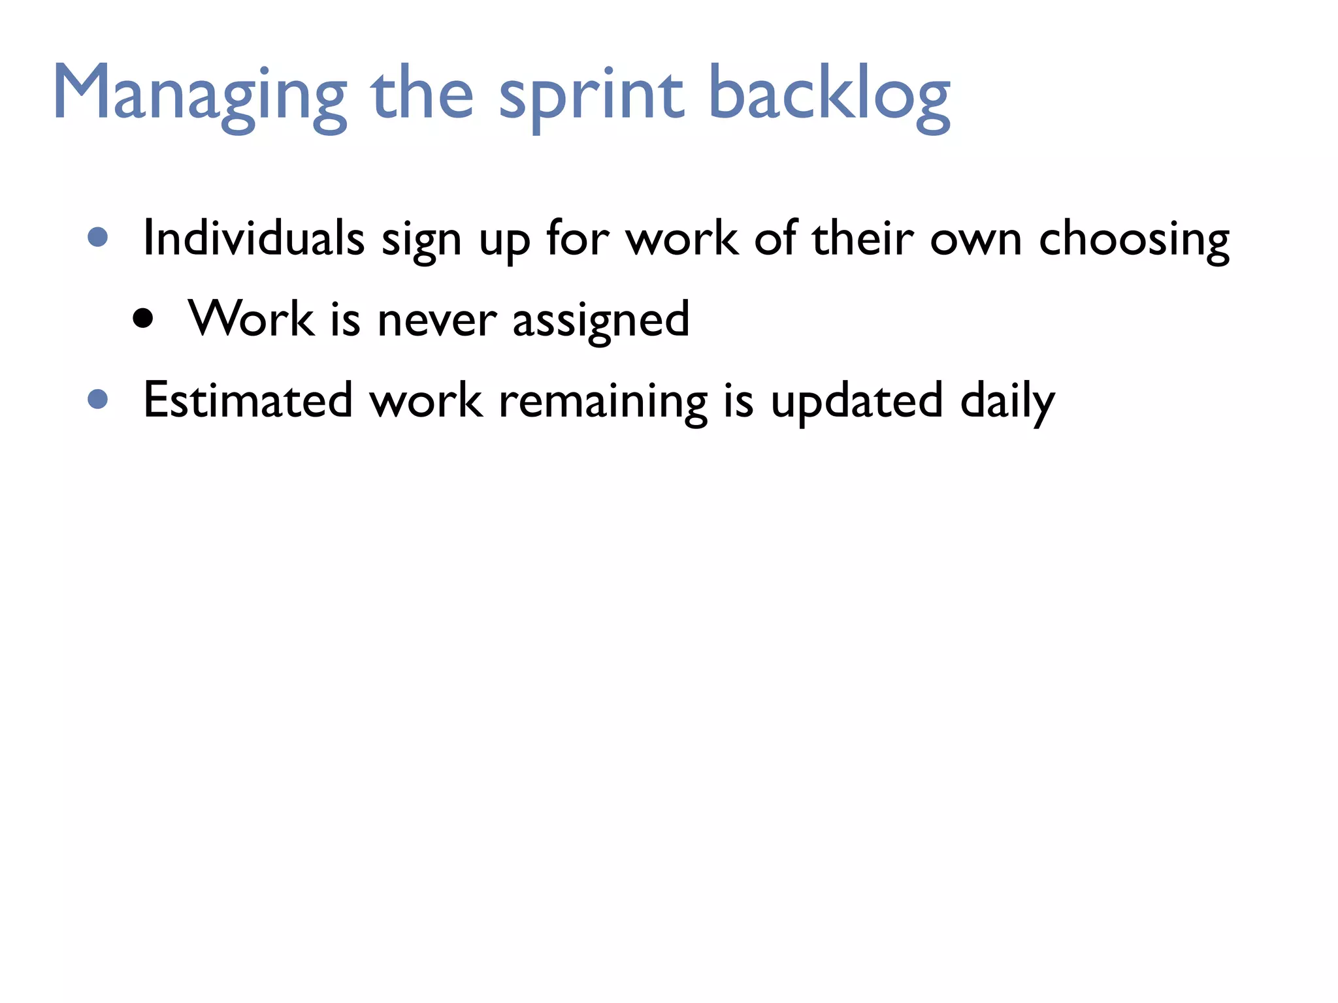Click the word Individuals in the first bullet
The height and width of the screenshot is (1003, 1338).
click(x=253, y=238)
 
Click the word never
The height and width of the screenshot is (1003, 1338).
click(x=437, y=320)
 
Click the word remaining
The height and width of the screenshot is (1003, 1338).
click(x=602, y=401)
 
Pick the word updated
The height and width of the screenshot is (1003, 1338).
click(x=857, y=401)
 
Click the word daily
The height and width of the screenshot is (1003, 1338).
click(x=1007, y=401)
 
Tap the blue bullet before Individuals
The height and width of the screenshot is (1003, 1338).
click(x=97, y=237)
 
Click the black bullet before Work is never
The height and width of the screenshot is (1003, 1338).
click(x=142, y=319)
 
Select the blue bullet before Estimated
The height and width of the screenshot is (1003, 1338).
click(x=97, y=399)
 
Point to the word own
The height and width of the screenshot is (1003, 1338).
click(x=975, y=239)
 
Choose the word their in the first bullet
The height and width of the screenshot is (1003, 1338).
click(x=862, y=238)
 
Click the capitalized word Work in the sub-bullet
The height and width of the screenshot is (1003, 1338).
click(x=252, y=319)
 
